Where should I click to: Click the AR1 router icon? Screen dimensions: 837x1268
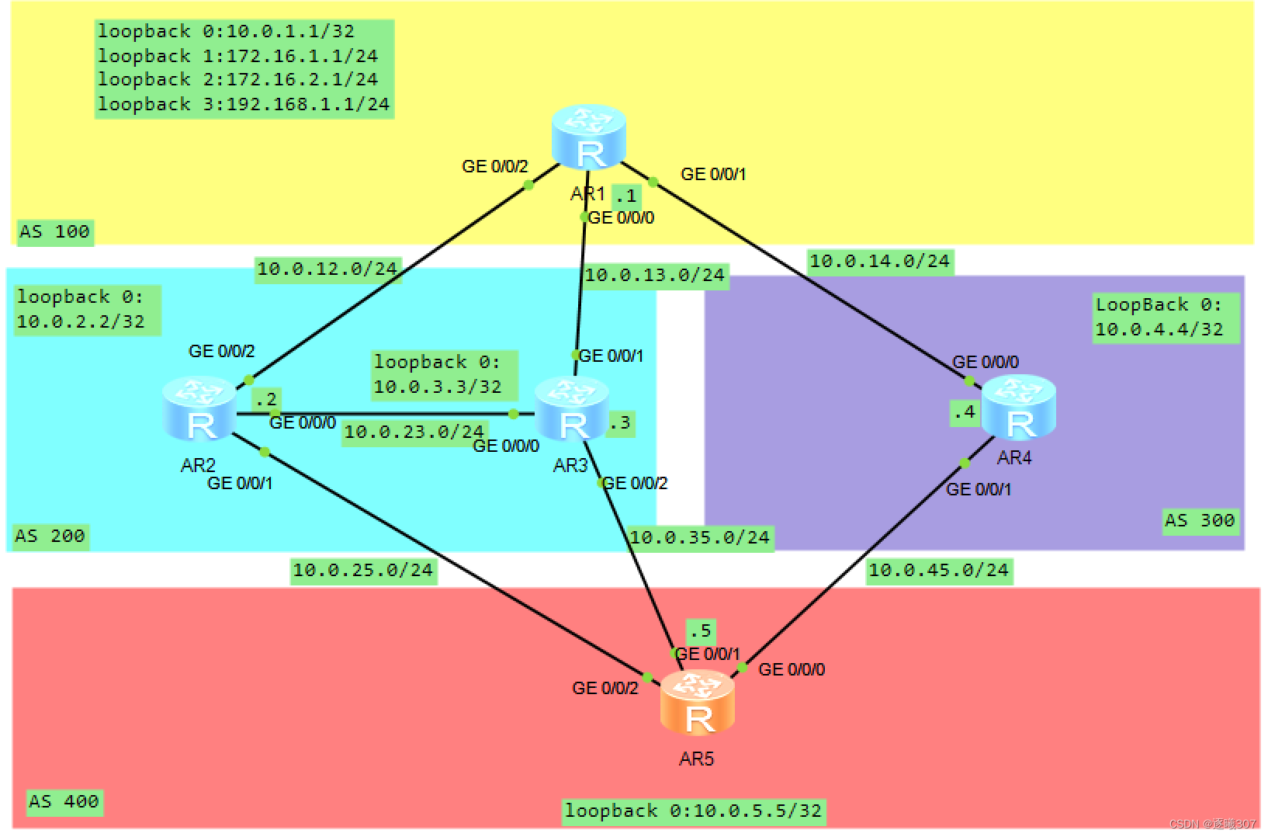(x=588, y=137)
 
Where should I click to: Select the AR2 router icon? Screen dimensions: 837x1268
(x=199, y=408)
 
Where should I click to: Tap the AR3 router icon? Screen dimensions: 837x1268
(x=572, y=408)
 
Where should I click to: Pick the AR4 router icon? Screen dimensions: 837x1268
(x=1018, y=408)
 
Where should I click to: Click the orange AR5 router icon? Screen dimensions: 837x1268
(x=697, y=703)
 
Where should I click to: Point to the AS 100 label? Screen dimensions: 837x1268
(x=54, y=231)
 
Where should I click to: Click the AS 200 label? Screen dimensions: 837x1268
(x=50, y=536)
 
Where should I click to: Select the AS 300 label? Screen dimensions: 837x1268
(x=1199, y=520)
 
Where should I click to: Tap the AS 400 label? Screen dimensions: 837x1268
(x=64, y=801)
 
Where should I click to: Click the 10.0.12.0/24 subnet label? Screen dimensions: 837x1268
(x=327, y=269)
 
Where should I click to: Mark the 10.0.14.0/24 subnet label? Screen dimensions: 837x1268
(x=879, y=261)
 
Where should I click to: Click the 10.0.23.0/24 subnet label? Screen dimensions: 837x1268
(x=414, y=432)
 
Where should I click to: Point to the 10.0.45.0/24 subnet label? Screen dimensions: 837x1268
(x=938, y=570)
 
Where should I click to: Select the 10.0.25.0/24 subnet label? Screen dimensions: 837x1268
(x=362, y=570)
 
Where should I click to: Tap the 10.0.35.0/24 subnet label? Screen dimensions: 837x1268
(x=699, y=537)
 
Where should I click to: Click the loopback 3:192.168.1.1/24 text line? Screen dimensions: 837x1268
(x=244, y=104)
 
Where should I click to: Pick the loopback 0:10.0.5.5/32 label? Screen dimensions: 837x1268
(x=693, y=811)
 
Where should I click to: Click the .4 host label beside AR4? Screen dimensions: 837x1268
(x=965, y=412)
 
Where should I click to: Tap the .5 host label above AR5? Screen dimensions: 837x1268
(x=700, y=630)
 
